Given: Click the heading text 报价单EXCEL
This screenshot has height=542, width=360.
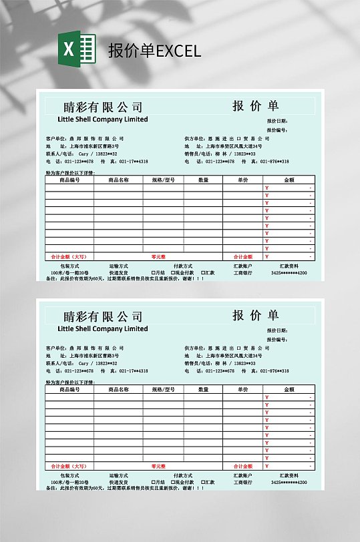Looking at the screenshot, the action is coord(154,51).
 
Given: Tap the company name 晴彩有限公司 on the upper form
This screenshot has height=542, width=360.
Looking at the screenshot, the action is coord(103,107).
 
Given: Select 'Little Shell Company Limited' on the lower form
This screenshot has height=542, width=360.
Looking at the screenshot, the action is coord(103,328).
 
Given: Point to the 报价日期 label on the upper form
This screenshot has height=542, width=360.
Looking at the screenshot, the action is coord(277,121).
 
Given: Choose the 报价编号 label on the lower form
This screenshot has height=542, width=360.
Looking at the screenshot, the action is coord(277,339).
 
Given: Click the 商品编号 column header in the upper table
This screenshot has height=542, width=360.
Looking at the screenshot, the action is coord(69,180).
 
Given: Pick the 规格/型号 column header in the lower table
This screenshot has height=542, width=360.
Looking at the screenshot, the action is coord(163,389).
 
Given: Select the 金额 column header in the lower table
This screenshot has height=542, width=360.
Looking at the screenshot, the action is coord(289,389).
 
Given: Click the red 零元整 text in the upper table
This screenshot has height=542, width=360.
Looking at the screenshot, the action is coord(158,256).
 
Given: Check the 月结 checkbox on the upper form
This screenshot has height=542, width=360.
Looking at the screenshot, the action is coord(154,272).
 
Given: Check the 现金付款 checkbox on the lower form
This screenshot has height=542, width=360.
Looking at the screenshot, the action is coord(172,482).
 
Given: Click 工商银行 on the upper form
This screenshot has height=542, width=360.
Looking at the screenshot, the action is coord(242,272).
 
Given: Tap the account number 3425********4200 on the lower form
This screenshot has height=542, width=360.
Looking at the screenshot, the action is coord(289,482).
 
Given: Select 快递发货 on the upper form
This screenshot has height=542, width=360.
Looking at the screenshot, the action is coord(118,272).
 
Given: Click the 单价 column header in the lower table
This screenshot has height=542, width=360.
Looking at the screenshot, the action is coord(242,389).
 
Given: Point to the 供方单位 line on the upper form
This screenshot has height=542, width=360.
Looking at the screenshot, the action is coord(227,139).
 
